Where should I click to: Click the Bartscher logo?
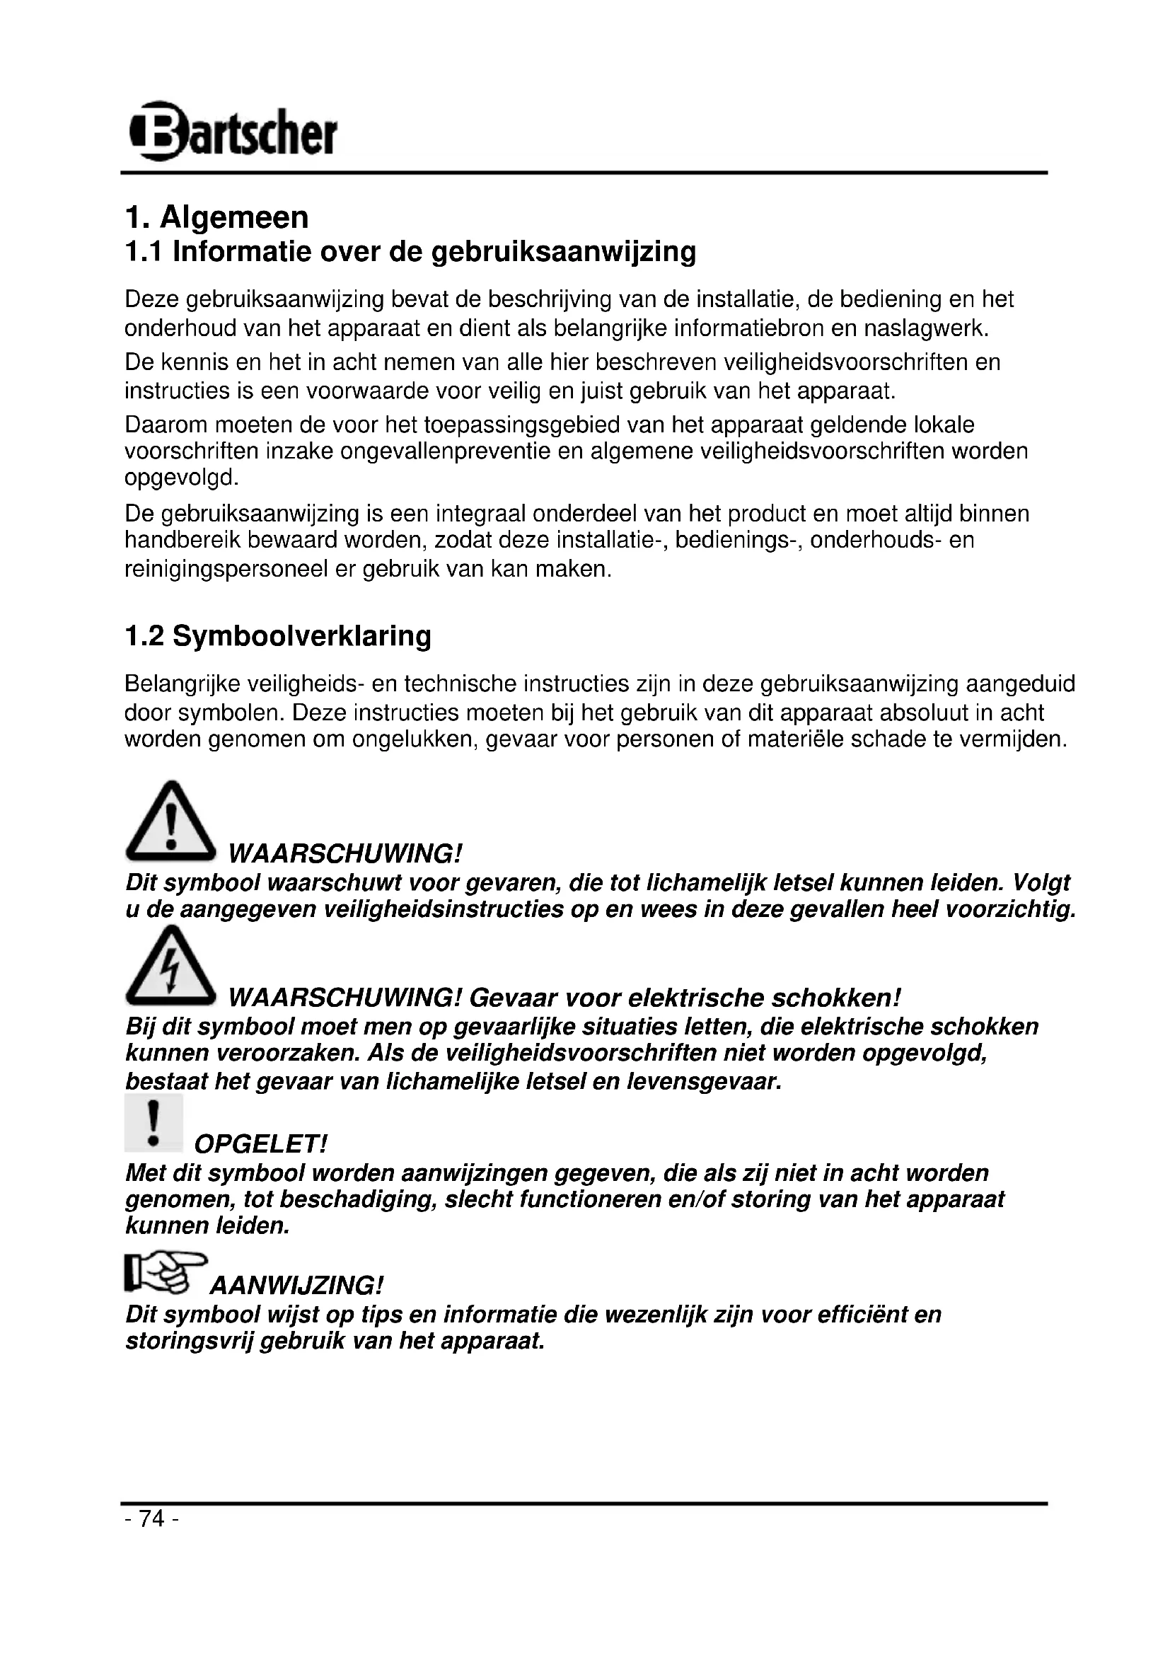point(232,131)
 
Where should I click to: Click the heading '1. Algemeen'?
point(216,217)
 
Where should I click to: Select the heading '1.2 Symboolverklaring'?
point(277,636)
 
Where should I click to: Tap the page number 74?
point(152,1518)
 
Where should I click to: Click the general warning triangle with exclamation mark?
point(170,821)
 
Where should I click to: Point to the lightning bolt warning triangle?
point(170,967)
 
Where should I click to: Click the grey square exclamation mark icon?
point(153,1124)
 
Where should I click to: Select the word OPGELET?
point(261,1144)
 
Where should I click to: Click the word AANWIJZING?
point(296,1285)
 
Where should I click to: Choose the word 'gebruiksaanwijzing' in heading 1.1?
point(563,252)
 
